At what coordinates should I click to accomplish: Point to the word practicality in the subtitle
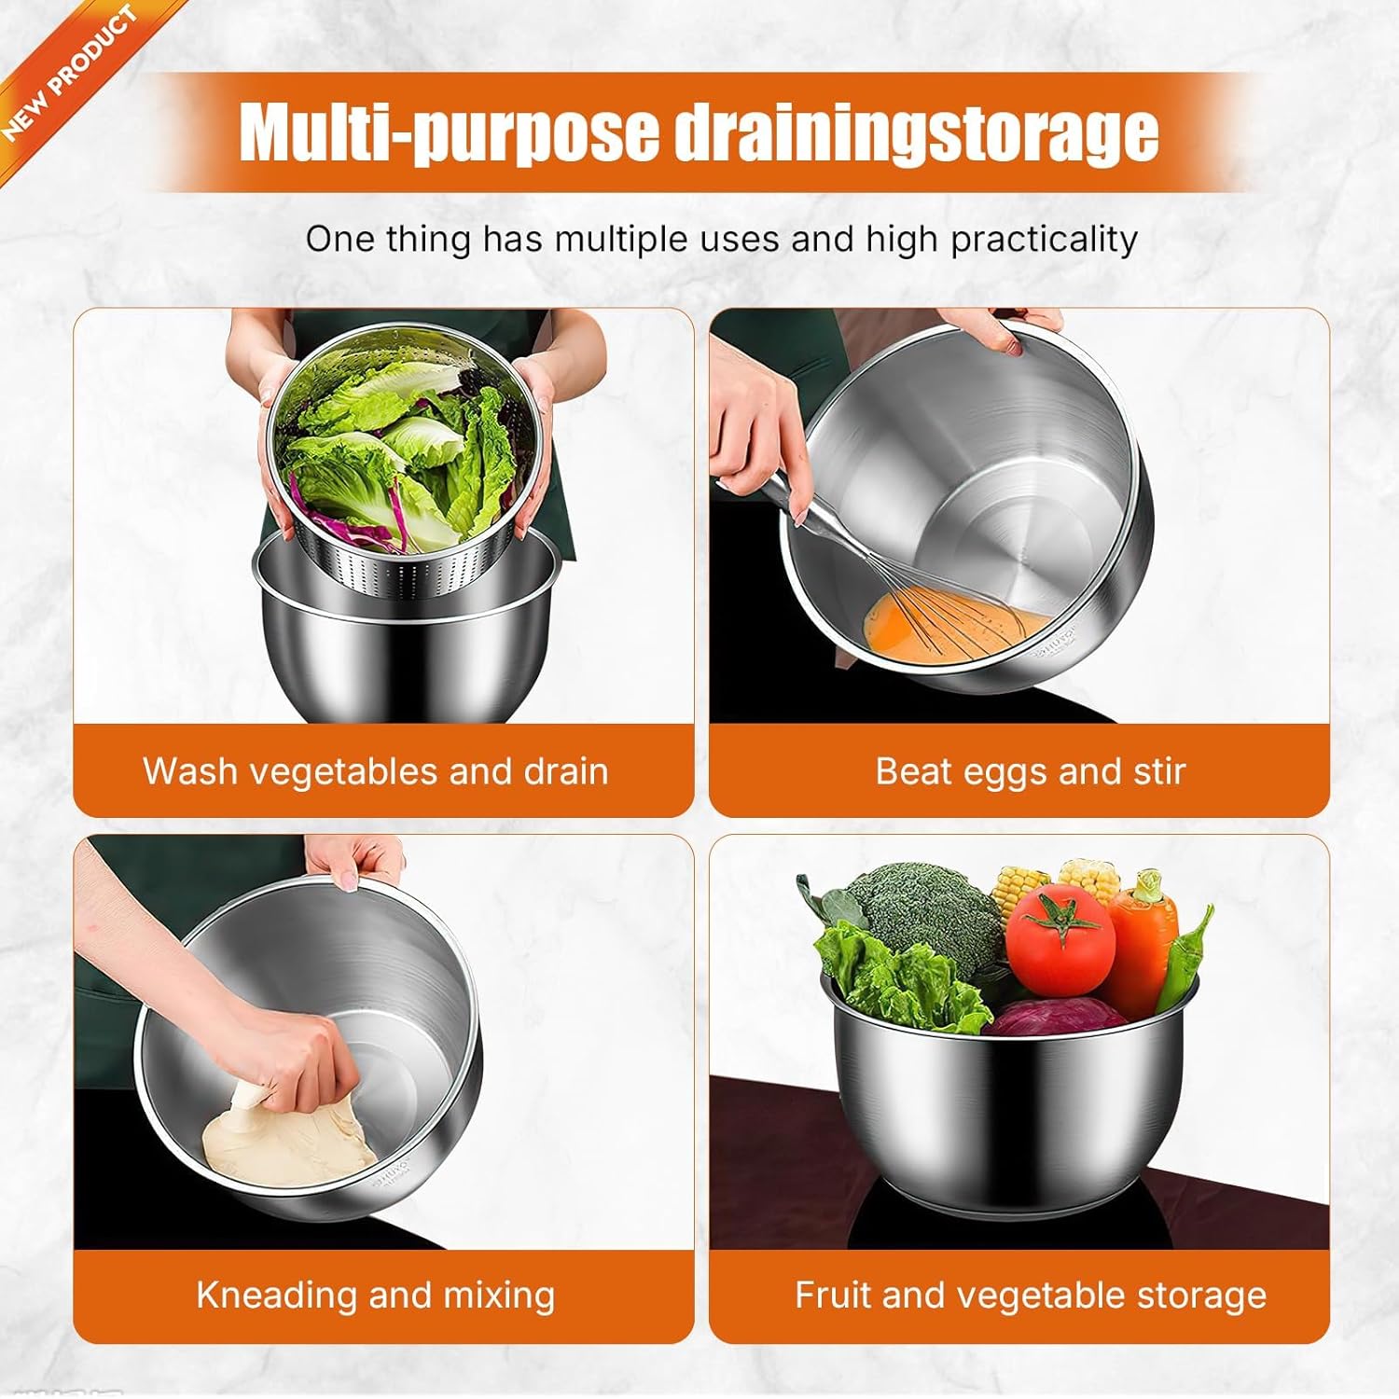[x=1044, y=240]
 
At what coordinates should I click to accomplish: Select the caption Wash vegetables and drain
[x=375, y=771]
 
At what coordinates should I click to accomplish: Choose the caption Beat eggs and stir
[x=1030, y=771]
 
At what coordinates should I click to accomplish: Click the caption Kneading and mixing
[x=375, y=1295]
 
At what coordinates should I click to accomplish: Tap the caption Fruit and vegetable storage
[x=1030, y=1295]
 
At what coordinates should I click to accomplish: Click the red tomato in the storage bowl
[x=1060, y=942]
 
